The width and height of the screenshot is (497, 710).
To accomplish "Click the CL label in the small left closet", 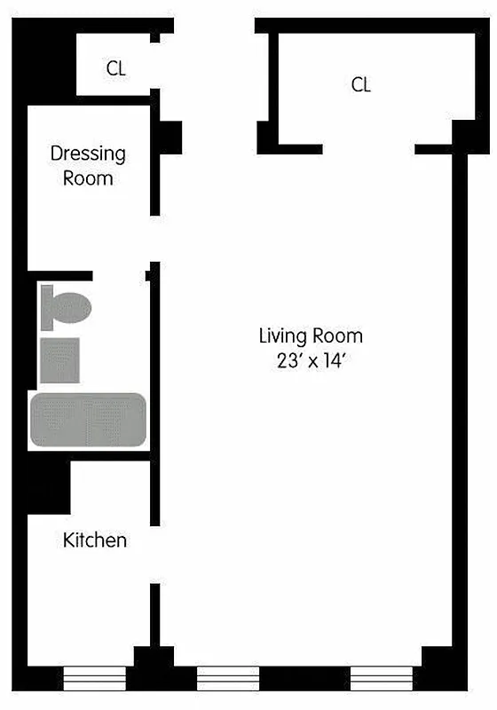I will [x=115, y=68].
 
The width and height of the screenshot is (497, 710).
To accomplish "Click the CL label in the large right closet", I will [x=360, y=85].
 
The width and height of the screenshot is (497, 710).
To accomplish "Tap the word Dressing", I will [x=88, y=154].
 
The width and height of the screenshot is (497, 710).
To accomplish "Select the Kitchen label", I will [x=95, y=540].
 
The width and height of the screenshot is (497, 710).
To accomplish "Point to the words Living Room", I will [x=311, y=336].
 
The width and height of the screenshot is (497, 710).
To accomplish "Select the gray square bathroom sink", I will [x=60, y=360].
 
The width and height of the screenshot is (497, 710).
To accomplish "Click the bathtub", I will [x=88, y=419].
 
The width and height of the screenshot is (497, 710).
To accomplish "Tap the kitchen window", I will [x=94, y=678].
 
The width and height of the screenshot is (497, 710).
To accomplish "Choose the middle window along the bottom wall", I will [x=227, y=678].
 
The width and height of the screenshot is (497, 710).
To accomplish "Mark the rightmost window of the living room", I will [x=383, y=678].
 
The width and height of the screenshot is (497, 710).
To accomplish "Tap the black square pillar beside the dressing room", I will [x=169, y=138].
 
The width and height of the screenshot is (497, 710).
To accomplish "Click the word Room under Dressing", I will [x=88, y=178].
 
